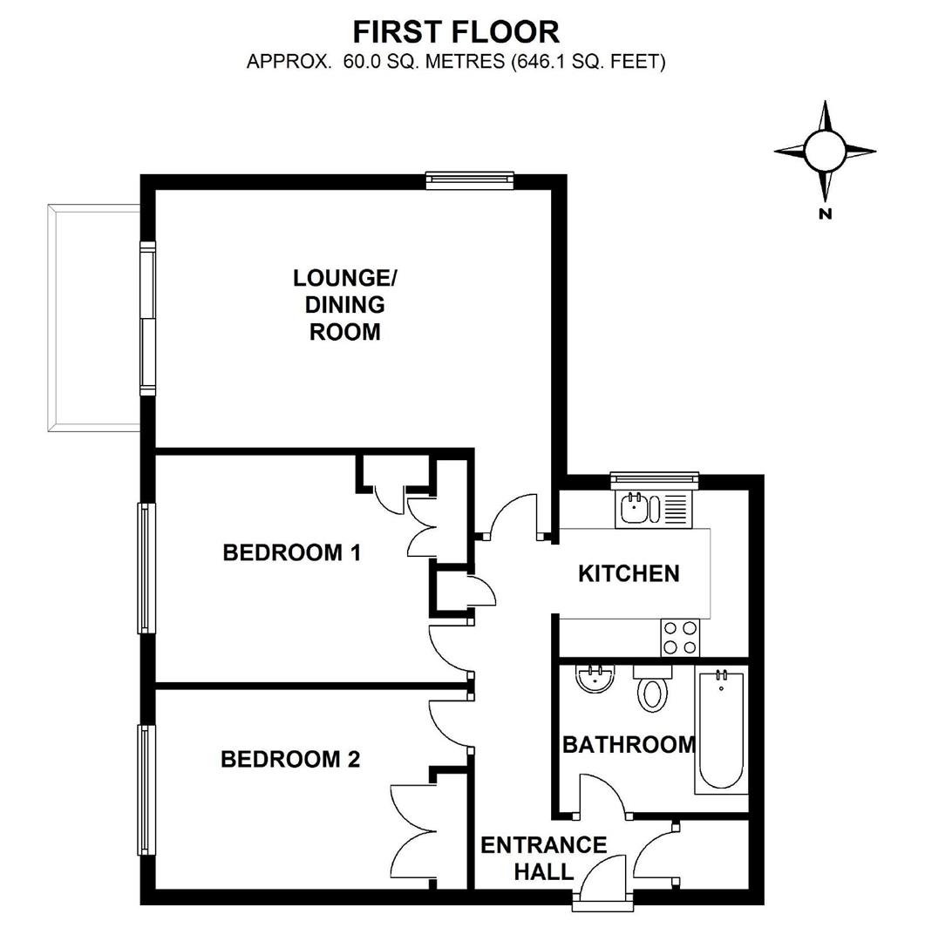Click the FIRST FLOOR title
click(455, 32)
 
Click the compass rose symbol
click(825, 151)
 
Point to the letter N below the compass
click(825, 214)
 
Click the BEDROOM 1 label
click(291, 552)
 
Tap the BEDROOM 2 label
click(289, 760)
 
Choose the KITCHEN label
click(629, 573)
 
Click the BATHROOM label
click(629, 745)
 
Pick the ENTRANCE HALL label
click(543, 857)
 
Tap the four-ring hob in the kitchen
click(680, 637)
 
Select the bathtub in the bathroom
click(721, 731)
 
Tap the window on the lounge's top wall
click(470, 180)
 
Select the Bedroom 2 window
click(146, 789)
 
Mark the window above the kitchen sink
click(654, 477)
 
